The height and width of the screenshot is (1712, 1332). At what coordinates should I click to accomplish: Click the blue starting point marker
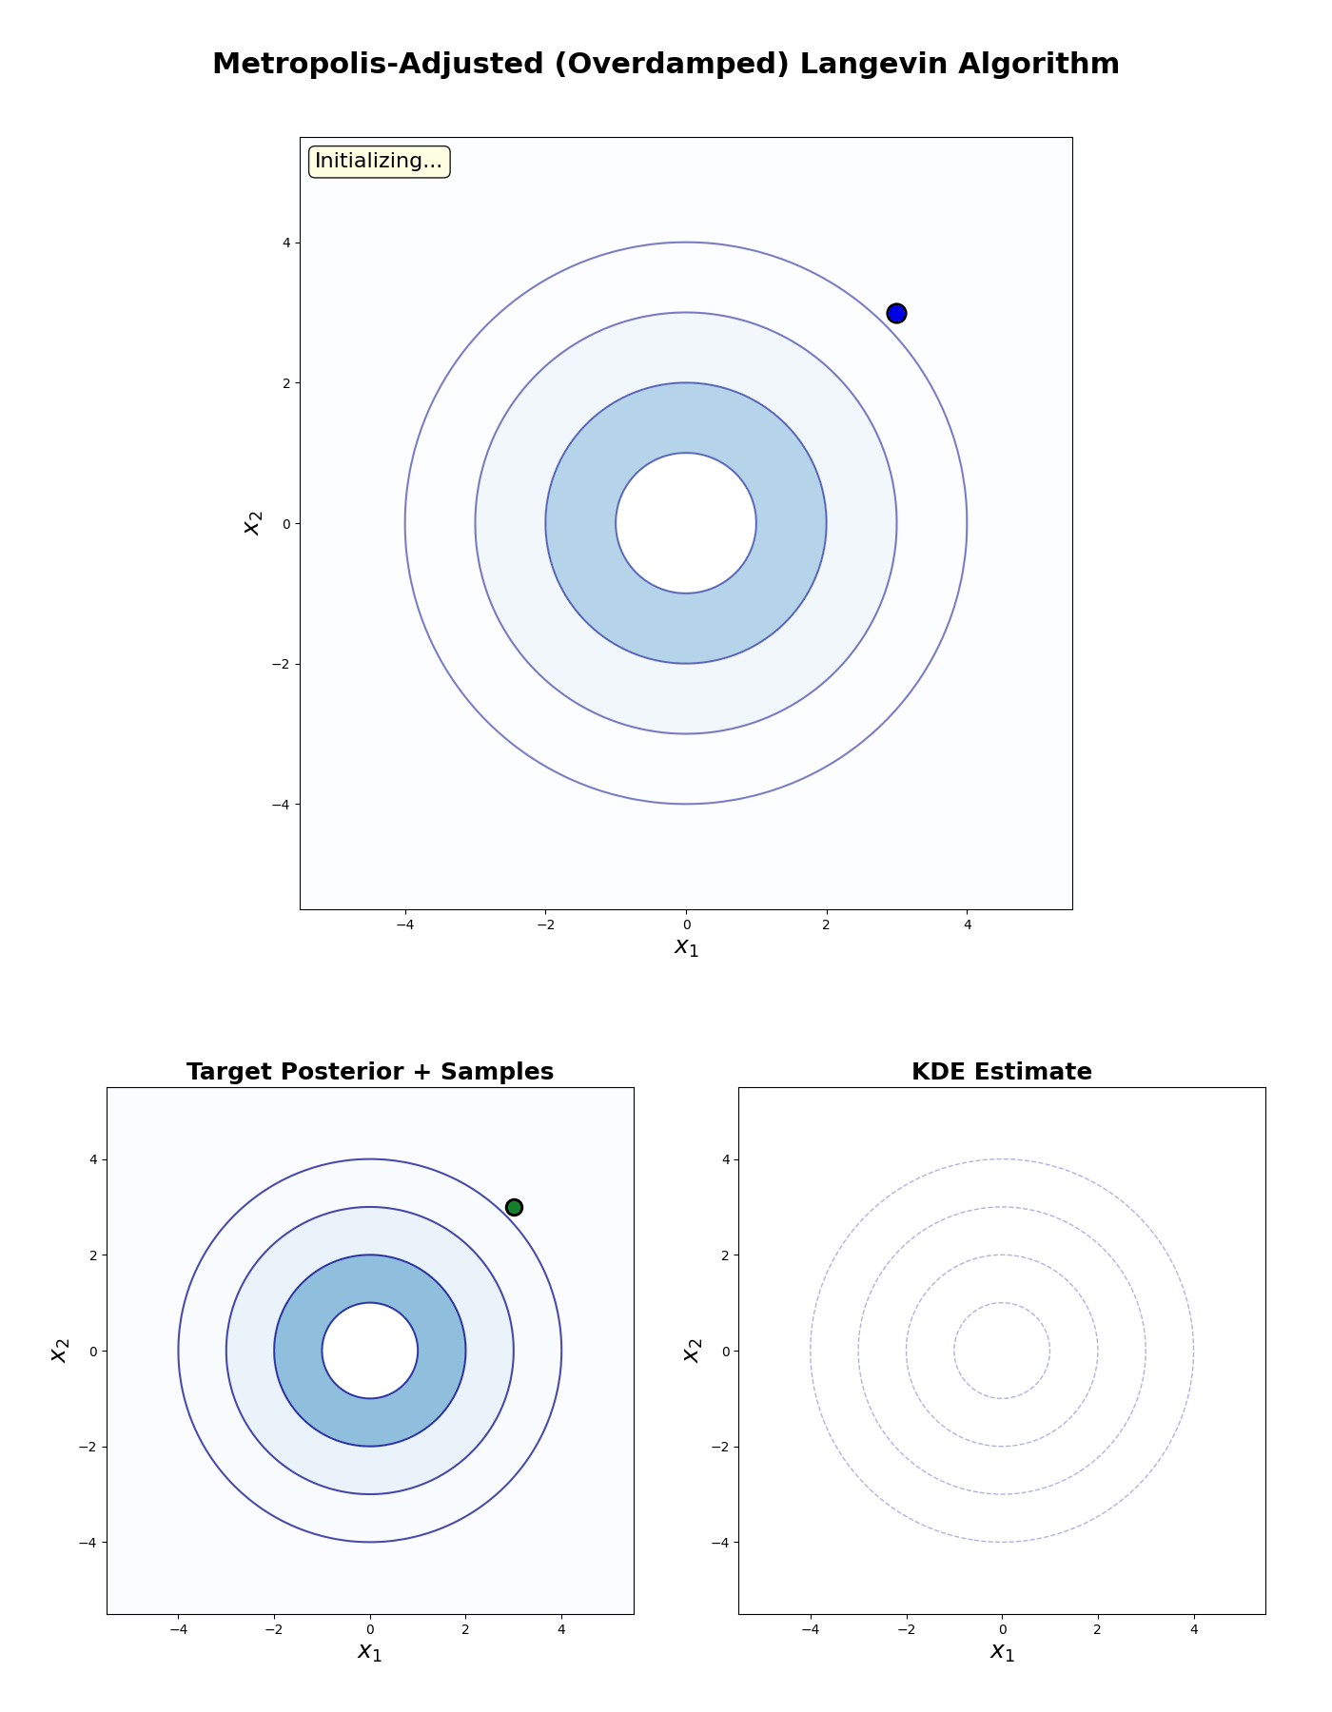tap(896, 313)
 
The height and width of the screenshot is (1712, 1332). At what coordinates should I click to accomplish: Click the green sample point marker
tap(514, 1207)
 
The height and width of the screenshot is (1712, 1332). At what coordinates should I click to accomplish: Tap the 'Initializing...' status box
tap(379, 162)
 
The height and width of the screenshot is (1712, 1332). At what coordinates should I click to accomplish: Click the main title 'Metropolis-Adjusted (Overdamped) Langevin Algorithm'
tap(666, 64)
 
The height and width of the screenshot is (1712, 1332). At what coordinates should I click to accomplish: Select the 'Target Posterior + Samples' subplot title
tap(370, 1072)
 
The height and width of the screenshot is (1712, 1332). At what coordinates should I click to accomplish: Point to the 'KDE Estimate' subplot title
tap(1002, 1072)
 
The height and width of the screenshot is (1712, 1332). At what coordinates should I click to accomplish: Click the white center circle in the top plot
tap(686, 523)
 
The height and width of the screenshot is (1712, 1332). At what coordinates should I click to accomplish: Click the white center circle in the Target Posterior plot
tap(370, 1351)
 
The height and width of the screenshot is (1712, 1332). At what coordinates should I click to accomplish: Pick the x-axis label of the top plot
tap(686, 946)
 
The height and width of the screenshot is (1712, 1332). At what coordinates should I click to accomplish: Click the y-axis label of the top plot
tap(252, 523)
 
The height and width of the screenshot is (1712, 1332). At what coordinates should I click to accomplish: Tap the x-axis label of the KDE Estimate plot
tap(1002, 1651)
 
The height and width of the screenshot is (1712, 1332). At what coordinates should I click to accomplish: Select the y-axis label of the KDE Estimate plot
tap(692, 1351)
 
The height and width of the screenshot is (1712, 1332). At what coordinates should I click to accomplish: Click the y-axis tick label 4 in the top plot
tap(284, 243)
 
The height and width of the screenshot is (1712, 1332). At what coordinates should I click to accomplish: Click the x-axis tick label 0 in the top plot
tap(686, 924)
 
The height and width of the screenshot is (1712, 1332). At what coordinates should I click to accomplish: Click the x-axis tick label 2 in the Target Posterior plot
tap(465, 1628)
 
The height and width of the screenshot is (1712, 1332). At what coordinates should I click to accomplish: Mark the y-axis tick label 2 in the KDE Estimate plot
tap(724, 1255)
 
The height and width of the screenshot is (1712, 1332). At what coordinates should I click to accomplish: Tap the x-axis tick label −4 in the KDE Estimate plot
tap(810, 1628)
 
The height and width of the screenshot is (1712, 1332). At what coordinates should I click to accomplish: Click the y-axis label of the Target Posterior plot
tap(60, 1351)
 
